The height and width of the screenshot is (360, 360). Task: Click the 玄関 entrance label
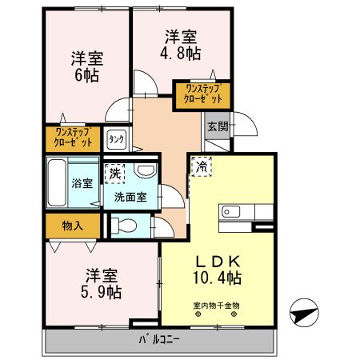point(217,126)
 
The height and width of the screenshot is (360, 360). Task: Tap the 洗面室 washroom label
point(130,196)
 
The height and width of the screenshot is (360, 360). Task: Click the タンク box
point(117,139)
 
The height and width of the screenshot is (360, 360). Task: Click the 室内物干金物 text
point(217,305)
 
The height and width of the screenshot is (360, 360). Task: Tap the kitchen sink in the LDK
point(228,212)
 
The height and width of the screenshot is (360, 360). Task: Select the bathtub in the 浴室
point(58,182)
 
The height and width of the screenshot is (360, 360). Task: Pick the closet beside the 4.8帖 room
point(202,94)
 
